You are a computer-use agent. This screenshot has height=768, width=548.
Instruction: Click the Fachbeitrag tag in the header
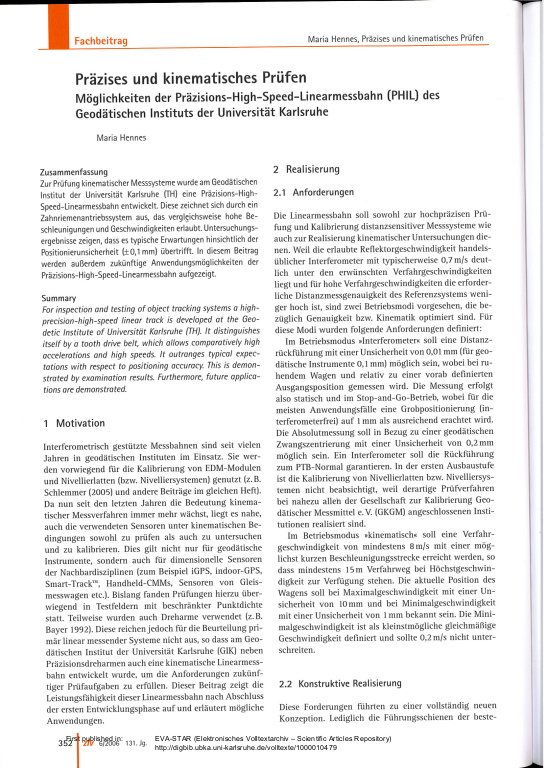click(x=102, y=41)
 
